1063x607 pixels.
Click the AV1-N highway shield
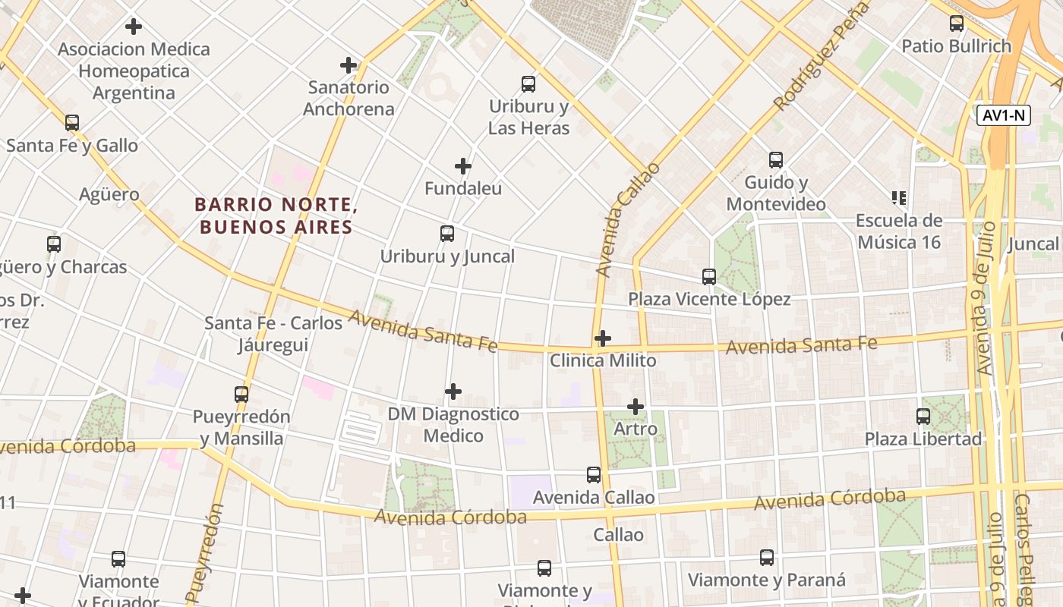pos(1003,115)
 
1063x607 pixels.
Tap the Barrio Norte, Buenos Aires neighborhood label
pos(276,215)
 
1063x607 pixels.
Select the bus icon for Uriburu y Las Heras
pos(528,84)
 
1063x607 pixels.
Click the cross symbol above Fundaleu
pos(463,166)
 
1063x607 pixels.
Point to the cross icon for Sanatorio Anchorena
pos(349,65)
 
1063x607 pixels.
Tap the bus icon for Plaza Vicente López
pos(709,277)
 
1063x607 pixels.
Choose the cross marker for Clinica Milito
pos(603,338)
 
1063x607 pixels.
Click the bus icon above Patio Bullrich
pos(957,24)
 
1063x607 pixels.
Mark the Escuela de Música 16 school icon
pos(900,199)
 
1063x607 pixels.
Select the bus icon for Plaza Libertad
pos(923,417)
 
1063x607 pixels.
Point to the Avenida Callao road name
pos(627,219)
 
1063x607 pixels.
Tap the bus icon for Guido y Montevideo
pos(776,160)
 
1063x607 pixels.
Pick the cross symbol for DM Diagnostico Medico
pos(453,392)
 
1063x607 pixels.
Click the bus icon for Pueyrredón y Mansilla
pos(241,395)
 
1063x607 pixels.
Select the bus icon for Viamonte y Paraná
pos(767,558)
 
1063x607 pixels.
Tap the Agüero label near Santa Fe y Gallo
pos(109,194)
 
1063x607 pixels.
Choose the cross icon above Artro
pos(636,407)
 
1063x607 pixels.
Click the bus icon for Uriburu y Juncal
pos(447,234)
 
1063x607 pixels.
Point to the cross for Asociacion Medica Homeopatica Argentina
pos(134,27)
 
